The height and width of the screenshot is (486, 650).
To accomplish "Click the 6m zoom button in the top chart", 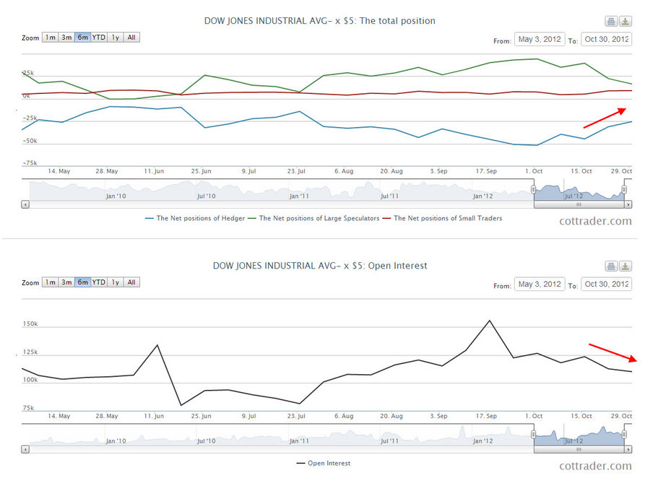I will point(83,38).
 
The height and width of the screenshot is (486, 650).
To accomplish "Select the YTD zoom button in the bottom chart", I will point(98,282).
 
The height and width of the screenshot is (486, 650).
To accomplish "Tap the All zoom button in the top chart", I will point(131,38).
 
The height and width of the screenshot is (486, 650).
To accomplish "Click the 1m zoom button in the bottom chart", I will point(50,282).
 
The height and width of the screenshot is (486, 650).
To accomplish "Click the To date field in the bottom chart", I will point(606,285).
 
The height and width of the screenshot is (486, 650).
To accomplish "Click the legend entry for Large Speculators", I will point(318,218).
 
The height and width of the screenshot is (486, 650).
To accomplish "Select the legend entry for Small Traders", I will point(446,218).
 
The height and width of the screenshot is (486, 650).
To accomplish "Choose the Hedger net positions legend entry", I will point(200,218).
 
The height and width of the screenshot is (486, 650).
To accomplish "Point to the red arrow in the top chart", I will point(604,118).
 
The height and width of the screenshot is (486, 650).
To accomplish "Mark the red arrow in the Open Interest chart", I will point(612,352).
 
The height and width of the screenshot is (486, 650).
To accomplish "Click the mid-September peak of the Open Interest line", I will point(490,321).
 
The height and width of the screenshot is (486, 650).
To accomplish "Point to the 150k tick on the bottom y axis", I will point(30,324).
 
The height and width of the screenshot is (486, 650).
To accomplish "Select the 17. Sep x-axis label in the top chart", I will point(486,171).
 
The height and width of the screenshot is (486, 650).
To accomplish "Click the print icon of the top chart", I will point(611,21).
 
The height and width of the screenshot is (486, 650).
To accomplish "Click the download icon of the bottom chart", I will point(625,266).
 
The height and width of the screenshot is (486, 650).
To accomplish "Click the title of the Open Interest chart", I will point(320,266).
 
